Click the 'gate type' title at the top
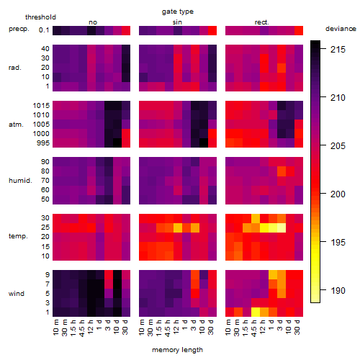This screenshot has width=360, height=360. click(x=178, y=12)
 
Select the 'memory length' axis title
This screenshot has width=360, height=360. click(x=178, y=350)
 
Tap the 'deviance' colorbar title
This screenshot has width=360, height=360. click(x=341, y=29)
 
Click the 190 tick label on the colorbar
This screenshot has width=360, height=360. click(x=338, y=291)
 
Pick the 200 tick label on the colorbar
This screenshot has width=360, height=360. click(x=338, y=194)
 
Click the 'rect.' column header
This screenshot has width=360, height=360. click(x=262, y=22)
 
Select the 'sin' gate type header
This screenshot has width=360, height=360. click(x=177, y=22)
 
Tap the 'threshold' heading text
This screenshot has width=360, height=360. click(x=40, y=17)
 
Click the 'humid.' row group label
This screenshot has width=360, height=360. click(x=20, y=181)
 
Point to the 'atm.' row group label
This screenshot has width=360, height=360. click(x=16, y=125)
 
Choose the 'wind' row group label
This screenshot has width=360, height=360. click(x=17, y=294)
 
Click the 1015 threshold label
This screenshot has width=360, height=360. click(x=41, y=106)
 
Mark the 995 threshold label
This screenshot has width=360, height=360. click(x=43, y=143)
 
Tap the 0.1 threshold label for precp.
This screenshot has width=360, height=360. click(x=44, y=30)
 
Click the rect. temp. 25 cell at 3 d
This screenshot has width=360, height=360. click(x=282, y=228)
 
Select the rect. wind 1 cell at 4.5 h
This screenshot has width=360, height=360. click(x=256, y=312)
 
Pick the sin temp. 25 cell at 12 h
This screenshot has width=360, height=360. click(x=178, y=228)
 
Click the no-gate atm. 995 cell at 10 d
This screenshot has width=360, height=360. click(x=117, y=143)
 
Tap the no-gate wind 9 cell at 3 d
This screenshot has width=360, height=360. click(x=109, y=275)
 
